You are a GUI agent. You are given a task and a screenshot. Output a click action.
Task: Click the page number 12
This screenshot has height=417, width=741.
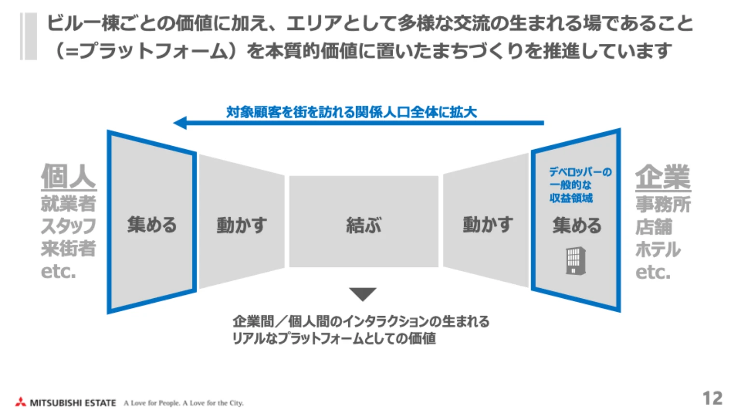pyautogui.click(x=712, y=398)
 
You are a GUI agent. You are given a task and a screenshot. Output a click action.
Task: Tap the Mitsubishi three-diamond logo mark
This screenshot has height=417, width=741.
pyautogui.click(x=21, y=402)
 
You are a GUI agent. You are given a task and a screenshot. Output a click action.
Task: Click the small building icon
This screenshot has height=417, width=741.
pyautogui.click(x=576, y=261)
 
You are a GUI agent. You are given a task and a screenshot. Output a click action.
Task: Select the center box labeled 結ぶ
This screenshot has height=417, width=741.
pyautogui.click(x=364, y=225)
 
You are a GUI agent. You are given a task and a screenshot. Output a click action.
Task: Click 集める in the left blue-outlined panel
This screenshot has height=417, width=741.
pyautogui.click(x=152, y=225)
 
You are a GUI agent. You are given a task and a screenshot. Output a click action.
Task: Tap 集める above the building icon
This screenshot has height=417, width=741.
pyautogui.click(x=577, y=225)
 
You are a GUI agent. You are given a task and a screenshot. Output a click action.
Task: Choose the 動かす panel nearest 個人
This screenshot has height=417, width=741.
pyautogui.click(x=242, y=225)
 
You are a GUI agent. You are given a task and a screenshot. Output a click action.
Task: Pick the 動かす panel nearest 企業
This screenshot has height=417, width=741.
pyautogui.click(x=487, y=224)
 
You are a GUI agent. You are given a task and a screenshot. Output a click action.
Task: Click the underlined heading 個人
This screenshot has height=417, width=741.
pyautogui.click(x=69, y=176)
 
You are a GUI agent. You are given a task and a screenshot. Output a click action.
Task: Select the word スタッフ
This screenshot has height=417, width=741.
pyautogui.click(x=69, y=226)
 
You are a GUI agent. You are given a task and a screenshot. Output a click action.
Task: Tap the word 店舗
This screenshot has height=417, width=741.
pyautogui.click(x=654, y=227)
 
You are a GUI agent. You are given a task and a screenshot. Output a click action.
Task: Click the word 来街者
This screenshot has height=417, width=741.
pyautogui.click(x=69, y=249)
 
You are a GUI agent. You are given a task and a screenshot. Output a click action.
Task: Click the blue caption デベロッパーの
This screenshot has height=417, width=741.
pyautogui.click(x=580, y=172)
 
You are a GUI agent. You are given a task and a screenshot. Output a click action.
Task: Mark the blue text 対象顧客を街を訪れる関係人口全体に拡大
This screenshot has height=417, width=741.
pyautogui.click(x=351, y=112)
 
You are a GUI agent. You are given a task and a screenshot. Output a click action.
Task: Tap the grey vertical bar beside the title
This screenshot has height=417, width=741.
pyautogui.click(x=28, y=37)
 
